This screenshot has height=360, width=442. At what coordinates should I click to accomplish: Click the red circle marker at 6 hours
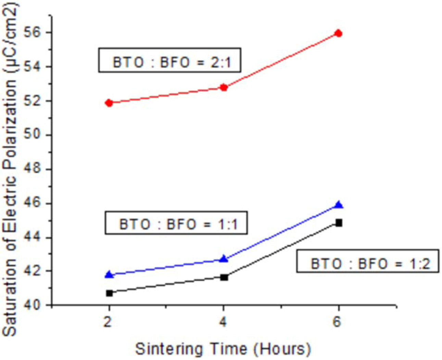tap(339, 33)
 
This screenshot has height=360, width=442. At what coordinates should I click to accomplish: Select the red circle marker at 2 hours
tap(109, 103)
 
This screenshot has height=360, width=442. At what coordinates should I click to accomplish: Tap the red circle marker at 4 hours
tap(224, 87)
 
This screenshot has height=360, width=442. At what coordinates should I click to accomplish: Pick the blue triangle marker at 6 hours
tap(339, 205)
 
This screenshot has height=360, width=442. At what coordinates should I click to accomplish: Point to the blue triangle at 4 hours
tap(224, 259)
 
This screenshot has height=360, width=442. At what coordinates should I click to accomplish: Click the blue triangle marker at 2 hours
tap(109, 274)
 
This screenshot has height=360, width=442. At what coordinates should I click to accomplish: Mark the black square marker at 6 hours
tap(339, 223)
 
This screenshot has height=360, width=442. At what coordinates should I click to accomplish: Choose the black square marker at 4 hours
tap(224, 277)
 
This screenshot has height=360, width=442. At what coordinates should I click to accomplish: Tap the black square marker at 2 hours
tap(109, 293)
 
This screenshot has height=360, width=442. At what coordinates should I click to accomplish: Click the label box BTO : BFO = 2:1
tap(170, 60)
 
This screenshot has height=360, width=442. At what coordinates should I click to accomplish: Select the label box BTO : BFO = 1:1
tap(176, 223)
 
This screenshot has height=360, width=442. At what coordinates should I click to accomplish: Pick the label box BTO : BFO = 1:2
tap(367, 261)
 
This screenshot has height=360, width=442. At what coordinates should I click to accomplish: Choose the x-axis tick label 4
tap(223, 322)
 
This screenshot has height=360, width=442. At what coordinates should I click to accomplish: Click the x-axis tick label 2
tap(108, 322)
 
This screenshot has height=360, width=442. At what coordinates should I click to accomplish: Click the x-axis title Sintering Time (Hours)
tap(223, 349)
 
